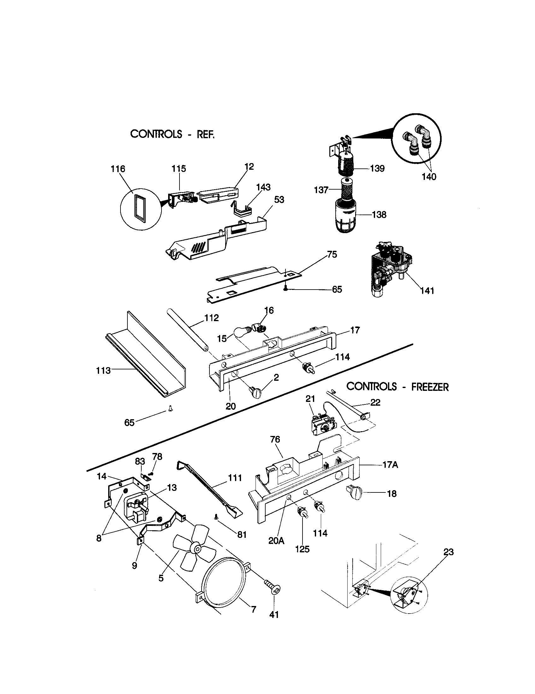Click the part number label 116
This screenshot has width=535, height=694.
pos(118,169)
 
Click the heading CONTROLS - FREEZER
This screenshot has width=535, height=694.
pos(397,387)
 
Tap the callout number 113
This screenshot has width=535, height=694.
pos(103,371)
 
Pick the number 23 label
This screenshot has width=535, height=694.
pos(449,552)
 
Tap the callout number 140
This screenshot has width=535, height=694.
pos(429,177)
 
